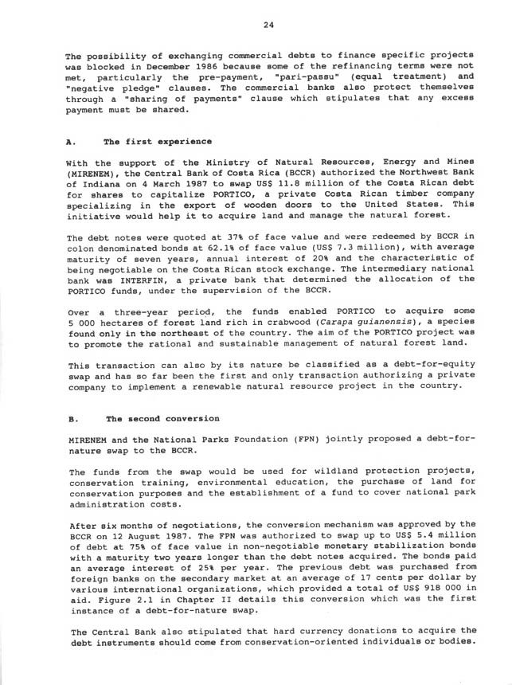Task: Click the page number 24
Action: pos(268,25)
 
